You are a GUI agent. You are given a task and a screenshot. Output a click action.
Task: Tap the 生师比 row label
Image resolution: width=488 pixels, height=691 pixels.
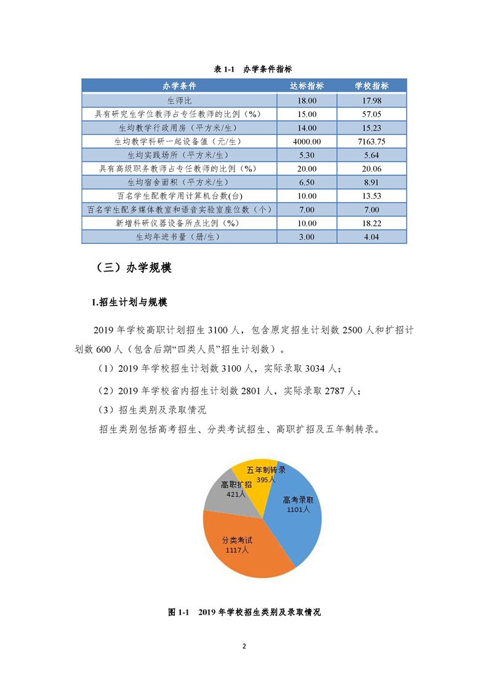[x=180, y=100]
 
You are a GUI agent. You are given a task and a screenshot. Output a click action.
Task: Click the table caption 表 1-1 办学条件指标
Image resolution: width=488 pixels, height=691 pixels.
[x=244, y=69]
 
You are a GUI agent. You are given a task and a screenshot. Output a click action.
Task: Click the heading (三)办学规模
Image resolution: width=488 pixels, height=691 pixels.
[x=134, y=268]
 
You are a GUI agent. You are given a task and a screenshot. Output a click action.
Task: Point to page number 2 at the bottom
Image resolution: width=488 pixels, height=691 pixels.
[x=244, y=647]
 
